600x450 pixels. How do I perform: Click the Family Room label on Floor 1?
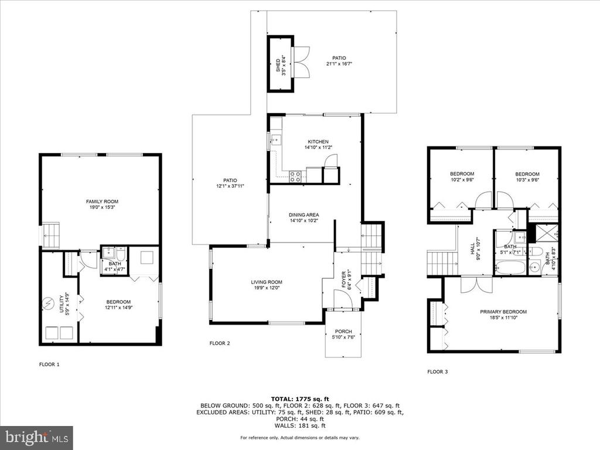tap(102, 202)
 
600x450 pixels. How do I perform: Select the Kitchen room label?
tap(318, 142)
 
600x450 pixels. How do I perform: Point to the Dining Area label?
tap(304, 214)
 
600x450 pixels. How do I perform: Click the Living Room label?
tap(267, 282)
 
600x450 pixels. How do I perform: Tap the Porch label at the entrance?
tap(343, 332)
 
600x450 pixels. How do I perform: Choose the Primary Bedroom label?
tap(503, 312)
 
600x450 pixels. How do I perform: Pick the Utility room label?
tap(62, 304)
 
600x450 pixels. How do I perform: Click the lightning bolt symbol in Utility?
tap(49, 304)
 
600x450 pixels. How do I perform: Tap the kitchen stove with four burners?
tap(295, 176)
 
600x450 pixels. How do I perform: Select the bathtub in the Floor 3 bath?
tap(510, 267)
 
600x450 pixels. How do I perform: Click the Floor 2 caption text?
tap(220, 343)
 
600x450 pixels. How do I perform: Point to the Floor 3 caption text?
tap(437, 371)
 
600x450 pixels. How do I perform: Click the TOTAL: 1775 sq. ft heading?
tap(300, 398)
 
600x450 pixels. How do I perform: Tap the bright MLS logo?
tap(37, 437)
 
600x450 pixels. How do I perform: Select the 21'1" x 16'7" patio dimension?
tap(339, 64)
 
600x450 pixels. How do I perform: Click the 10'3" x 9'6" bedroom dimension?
tap(527, 180)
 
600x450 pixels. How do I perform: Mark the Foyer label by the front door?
tap(343, 281)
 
